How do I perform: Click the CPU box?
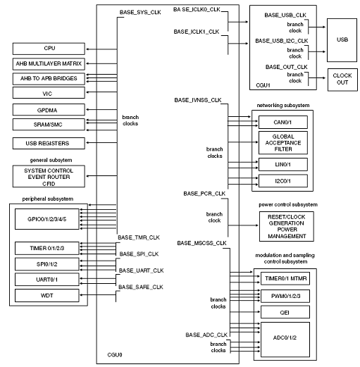tap(49, 49)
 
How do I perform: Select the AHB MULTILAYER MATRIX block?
tap(49, 64)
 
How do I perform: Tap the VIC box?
tap(49, 93)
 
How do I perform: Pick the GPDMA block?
tap(49, 110)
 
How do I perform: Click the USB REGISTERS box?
tap(49, 143)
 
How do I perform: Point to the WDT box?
tap(47, 295)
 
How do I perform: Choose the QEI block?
tap(285, 312)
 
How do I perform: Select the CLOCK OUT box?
tap(342, 80)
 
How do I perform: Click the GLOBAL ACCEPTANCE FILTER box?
tap(283, 143)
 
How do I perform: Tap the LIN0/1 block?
tap(283, 164)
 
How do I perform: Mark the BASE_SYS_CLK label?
tap(140, 12)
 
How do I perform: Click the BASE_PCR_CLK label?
tap(204, 194)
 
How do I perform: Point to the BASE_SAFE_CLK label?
tap(141, 287)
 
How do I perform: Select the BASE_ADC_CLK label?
tap(206, 335)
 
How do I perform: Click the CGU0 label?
tap(115, 354)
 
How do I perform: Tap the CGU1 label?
tap(263, 85)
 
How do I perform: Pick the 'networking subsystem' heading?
tap(283, 105)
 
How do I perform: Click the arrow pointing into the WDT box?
tap(98, 295)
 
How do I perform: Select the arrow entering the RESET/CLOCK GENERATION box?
tap(243, 225)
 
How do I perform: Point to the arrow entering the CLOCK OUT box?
tap(317, 77)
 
